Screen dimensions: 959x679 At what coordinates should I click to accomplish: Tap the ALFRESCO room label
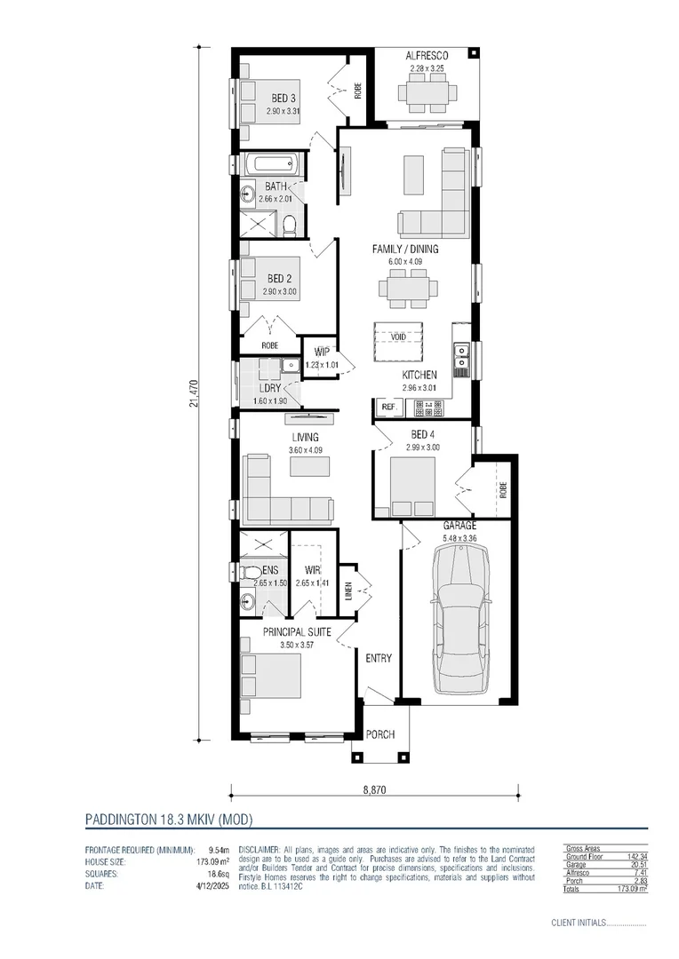pyautogui.click(x=427, y=55)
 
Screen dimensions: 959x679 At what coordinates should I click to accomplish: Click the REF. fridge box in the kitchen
pyautogui.click(x=387, y=407)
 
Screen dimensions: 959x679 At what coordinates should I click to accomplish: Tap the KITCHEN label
pyautogui.click(x=419, y=375)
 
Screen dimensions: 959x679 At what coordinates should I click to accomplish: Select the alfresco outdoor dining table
pyautogui.click(x=427, y=91)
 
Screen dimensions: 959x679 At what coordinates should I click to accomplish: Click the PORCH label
pyautogui.click(x=380, y=734)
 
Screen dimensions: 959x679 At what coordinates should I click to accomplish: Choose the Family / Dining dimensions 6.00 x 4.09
pyautogui.click(x=404, y=262)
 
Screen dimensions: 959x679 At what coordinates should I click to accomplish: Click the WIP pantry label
pyautogui.click(x=322, y=353)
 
